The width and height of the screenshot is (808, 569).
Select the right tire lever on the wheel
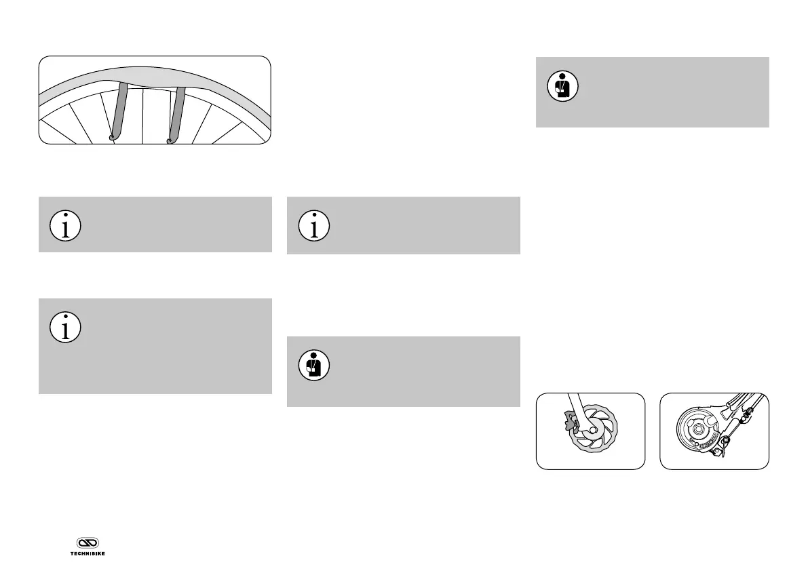pos(176,112)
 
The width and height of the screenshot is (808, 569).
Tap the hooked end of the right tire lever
pos(169,140)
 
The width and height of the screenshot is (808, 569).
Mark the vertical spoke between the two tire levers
pos(143,115)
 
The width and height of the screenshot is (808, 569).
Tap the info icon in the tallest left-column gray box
pos(66,328)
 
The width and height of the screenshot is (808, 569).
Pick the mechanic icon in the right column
pos(562,87)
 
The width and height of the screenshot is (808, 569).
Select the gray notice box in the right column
pos(652,92)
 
